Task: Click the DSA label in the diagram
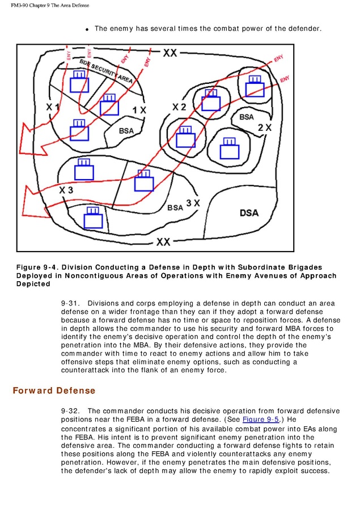[x=249, y=213]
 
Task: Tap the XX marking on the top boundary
[x=170, y=53]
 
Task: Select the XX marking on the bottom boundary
[x=163, y=242]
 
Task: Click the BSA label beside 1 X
[x=126, y=131]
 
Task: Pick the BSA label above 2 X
[x=246, y=117]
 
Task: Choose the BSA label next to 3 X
[x=175, y=207]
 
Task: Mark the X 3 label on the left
[x=66, y=190]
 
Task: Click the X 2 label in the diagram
[x=179, y=107]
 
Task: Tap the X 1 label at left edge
[x=53, y=107]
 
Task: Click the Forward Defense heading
[x=54, y=391]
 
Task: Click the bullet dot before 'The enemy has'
[x=87, y=29]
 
